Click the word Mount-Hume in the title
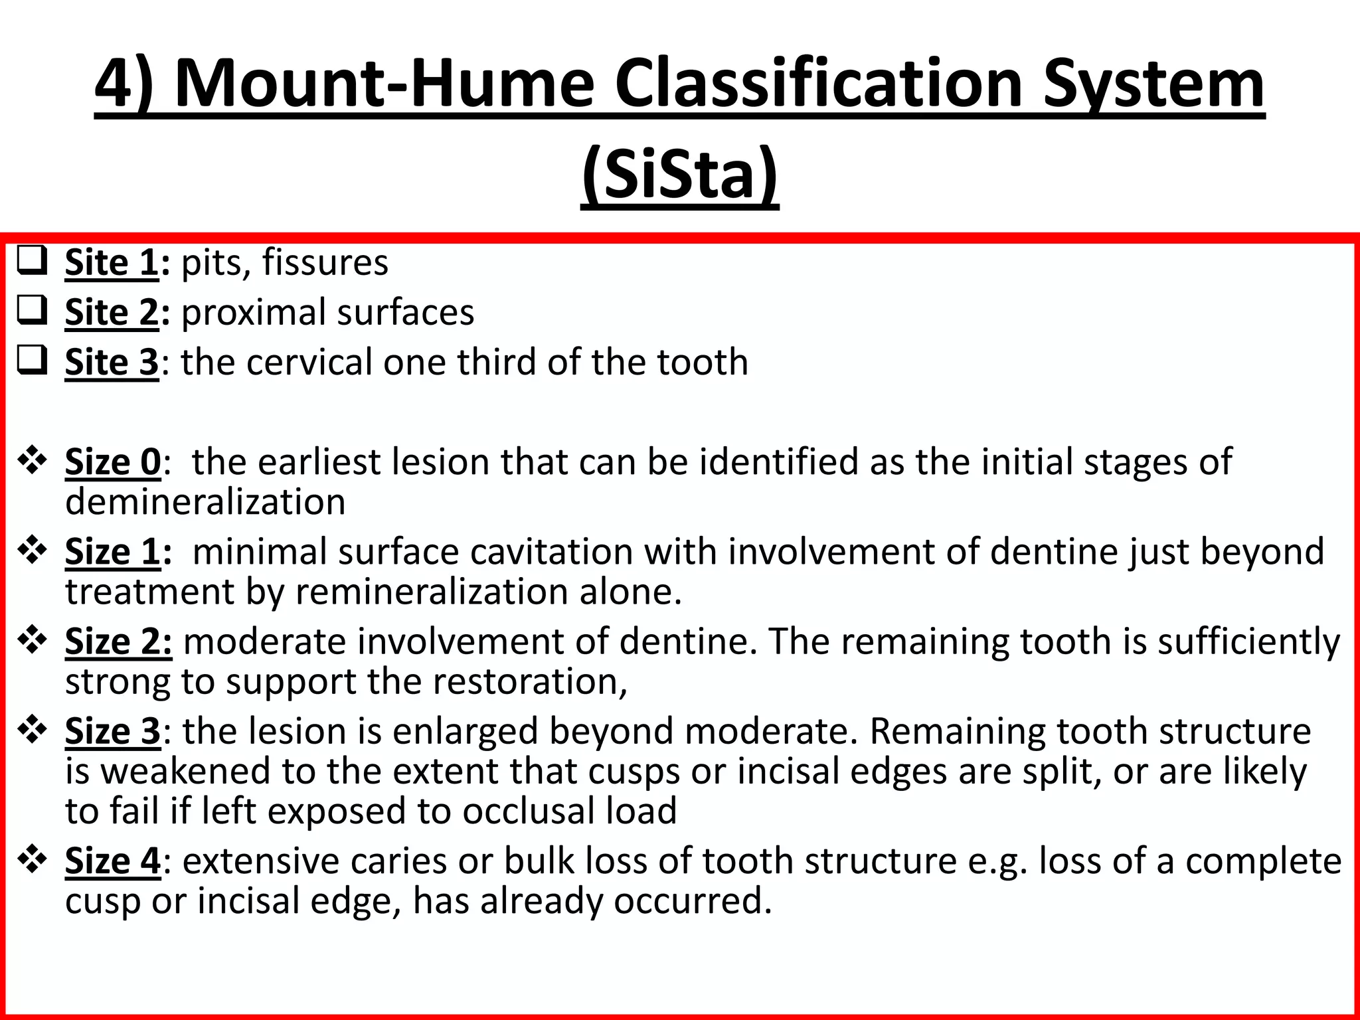(384, 84)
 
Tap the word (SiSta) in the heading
(679, 174)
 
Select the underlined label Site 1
(112, 263)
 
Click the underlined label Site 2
(112, 313)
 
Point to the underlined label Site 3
(112, 363)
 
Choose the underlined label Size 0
(113, 462)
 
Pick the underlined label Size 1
(113, 552)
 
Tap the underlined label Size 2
(118, 642)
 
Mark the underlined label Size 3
(113, 732)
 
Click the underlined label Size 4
(113, 861)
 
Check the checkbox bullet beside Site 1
(32, 261)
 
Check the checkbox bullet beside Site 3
(32, 361)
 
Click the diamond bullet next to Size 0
(32, 460)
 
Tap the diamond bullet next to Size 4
(32, 859)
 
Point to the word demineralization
(205, 502)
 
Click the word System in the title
(1153, 84)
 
